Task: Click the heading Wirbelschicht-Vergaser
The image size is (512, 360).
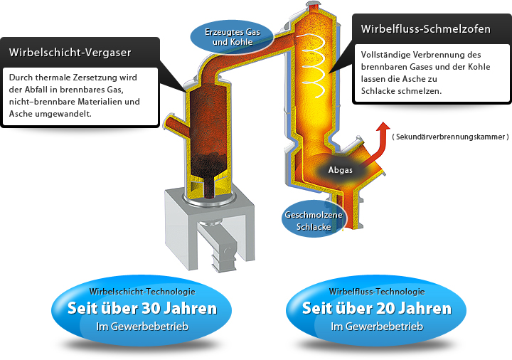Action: [70, 53]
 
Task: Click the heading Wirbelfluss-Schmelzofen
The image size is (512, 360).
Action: [425, 29]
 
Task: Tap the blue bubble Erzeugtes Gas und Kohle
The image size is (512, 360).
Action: [232, 36]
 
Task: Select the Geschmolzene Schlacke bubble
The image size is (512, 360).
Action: [313, 219]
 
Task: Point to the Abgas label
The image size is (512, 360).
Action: [340, 170]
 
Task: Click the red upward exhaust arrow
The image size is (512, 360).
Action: [380, 144]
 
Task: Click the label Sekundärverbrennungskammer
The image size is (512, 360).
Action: [451, 137]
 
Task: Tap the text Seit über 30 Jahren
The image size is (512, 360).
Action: [142, 308]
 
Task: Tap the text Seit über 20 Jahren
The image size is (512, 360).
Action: [376, 308]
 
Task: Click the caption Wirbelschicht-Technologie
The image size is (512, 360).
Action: [142, 292]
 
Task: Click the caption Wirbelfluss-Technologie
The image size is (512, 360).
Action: [377, 292]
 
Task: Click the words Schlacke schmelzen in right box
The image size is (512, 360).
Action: [401, 91]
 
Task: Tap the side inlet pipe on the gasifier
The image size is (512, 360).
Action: [176, 124]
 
